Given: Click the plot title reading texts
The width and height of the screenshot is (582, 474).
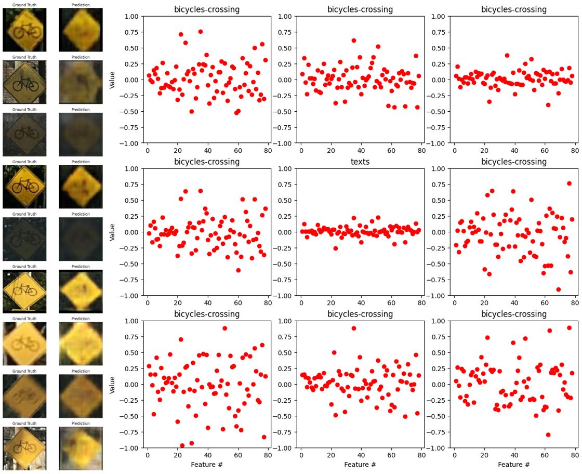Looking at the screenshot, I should (x=360, y=162).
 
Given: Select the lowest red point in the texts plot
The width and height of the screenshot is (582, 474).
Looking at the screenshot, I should (x=336, y=248).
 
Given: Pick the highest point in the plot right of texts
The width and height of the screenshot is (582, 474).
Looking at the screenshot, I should (x=569, y=183).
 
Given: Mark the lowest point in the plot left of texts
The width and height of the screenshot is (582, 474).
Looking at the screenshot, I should (x=239, y=270).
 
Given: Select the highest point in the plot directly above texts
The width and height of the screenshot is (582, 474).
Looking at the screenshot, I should (x=353, y=41).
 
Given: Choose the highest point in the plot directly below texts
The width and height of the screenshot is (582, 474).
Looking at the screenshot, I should (x=353, y=328).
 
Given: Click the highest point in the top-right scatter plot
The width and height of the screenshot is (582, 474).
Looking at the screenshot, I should (x=507, y=56).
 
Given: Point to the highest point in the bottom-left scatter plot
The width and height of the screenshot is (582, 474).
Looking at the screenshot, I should (x=224, y=328).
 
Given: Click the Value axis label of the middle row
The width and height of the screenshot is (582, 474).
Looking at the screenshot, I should (x=113, y=232).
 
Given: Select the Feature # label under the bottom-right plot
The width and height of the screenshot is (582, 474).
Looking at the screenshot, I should (x=513, y=464).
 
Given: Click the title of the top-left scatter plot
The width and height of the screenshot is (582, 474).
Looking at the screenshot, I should (x=207, y=9).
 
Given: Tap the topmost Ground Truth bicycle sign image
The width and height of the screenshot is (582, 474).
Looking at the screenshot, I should (x=24, y=30).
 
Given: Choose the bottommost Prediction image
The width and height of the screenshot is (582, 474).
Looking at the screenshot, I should (x=80, y=447).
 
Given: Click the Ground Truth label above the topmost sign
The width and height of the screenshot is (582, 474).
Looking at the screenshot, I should (x=24, y=5).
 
